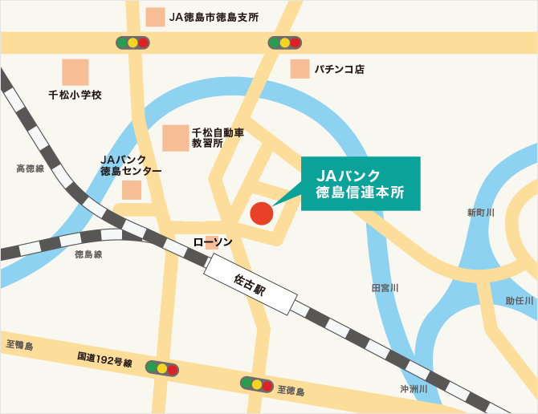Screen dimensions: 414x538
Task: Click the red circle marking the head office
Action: point(261,213)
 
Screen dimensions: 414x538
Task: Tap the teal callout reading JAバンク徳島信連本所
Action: point(361,184)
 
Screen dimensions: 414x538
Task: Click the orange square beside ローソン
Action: point(211,242)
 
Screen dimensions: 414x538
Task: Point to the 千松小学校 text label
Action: point(75,95)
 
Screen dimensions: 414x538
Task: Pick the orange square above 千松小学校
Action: point(75,72)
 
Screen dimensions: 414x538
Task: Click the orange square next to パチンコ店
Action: point(300,69)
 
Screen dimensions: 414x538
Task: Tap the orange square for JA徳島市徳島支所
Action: point(155,16)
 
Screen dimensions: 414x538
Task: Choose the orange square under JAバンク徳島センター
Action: point(131,190)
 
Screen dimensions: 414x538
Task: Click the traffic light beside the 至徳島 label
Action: point(257,384)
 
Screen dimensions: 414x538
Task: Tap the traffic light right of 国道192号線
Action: point(162,368)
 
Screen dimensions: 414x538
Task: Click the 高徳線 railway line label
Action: point(30,169)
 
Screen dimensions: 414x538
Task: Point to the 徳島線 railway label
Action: point(88,254)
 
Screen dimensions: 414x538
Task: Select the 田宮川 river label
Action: point(385,287)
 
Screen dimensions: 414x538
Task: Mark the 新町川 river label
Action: point(480,213)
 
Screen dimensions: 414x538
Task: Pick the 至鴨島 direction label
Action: point(19,345)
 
